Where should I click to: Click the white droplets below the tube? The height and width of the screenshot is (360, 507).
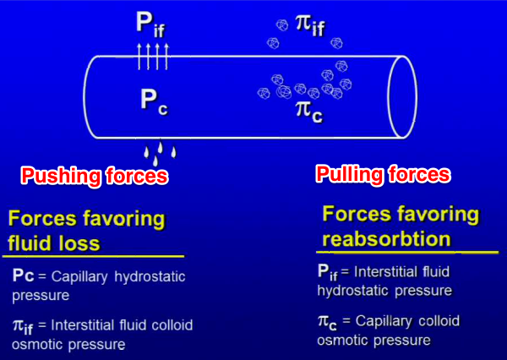click(x=160, y=152)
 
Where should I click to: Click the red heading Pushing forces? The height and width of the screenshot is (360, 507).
click(x=94, y=177)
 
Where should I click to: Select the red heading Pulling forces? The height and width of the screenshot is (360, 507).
click(x=383, y=175)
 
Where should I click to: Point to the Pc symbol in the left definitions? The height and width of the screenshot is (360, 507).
click(x=25, y=276)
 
